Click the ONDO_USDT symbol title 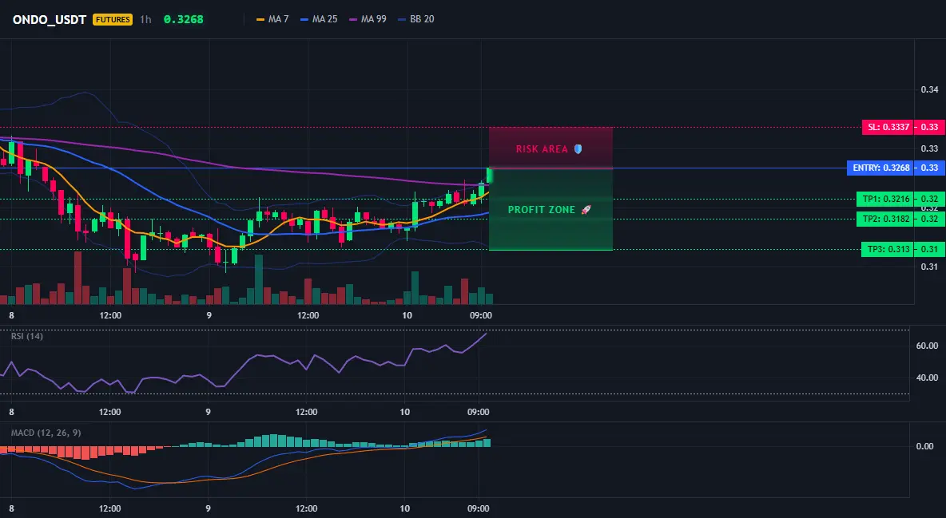(50, 19)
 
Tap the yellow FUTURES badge (113, 19)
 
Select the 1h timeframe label (145, 19)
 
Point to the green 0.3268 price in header (184, 19)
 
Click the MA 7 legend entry (272, 19)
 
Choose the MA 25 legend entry (319, 19)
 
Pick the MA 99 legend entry (368, 19)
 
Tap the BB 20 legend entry (416, 19)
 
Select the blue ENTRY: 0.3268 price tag (880, 168)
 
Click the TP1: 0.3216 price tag (885, 199)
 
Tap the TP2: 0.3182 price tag (885, 219)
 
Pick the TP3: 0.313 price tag (888, 249)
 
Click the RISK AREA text (542, 149)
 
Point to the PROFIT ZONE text (542, 210)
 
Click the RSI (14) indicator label (27, 336)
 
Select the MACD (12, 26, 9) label (46, 433)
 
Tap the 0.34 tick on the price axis (930, 90)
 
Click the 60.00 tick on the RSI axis (928, 346)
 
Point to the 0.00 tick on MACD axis (925, 446)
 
